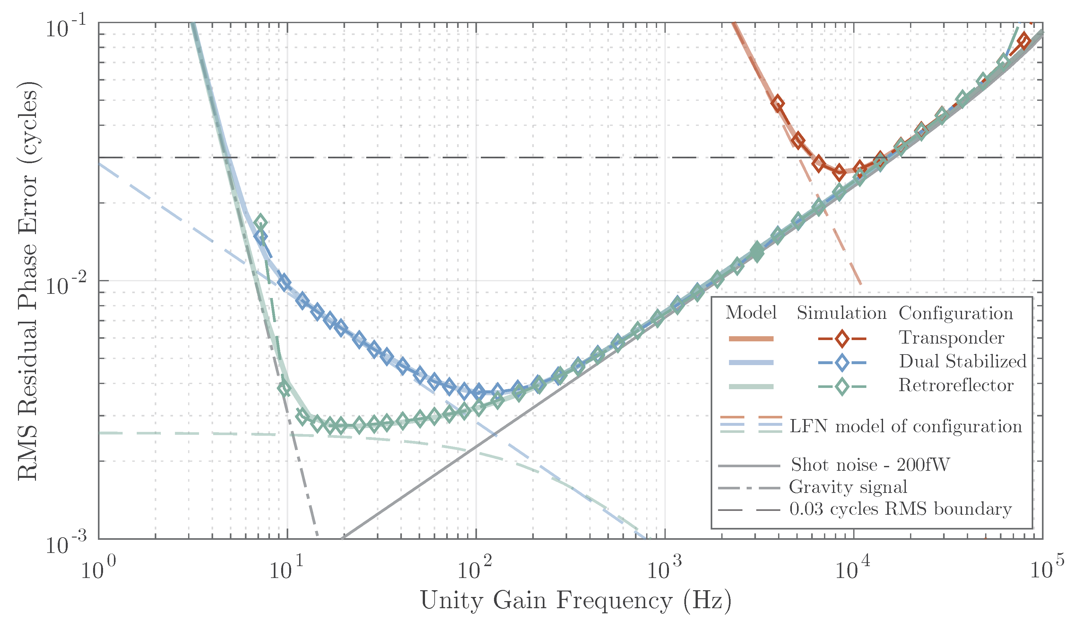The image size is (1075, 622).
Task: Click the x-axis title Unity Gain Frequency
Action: click(576, 601)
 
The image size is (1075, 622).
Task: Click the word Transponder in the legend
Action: click(951, 337)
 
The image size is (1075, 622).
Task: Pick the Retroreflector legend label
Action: click(956, 385)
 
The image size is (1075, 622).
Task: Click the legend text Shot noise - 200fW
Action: click(870, 465)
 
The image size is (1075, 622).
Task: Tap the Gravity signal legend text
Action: click(848, 487)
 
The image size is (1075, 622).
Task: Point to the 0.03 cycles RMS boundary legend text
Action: click(900, 509)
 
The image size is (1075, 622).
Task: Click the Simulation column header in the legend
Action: click(842, 313)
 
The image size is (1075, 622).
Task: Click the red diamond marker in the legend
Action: click(842, 339)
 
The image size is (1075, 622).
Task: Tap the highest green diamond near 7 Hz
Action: click(260, 223)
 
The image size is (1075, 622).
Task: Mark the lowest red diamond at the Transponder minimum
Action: click(839, 173)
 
